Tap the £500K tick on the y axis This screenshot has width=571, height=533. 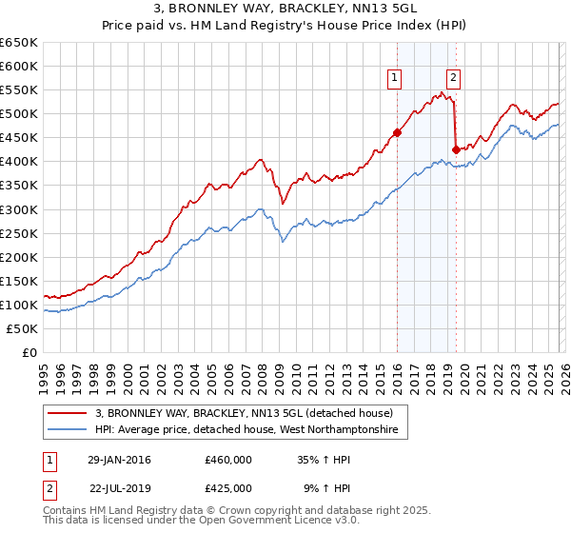pos(19,114)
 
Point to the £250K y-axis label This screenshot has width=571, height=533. pos(19,233)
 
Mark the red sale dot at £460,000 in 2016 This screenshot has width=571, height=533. pos(397,132)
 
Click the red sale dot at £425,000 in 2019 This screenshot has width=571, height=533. pos(456,148)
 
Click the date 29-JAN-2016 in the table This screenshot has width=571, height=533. pos(119,460)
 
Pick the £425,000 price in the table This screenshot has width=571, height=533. pos(228,487)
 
